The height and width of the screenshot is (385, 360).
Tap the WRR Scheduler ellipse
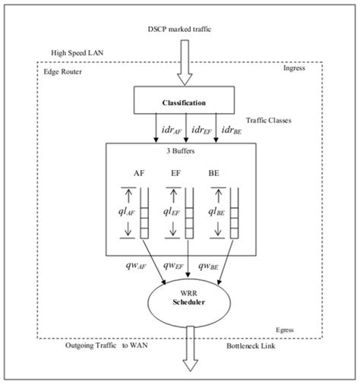tap(186, 298)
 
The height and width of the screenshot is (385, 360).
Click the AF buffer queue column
tap(146, 212)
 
